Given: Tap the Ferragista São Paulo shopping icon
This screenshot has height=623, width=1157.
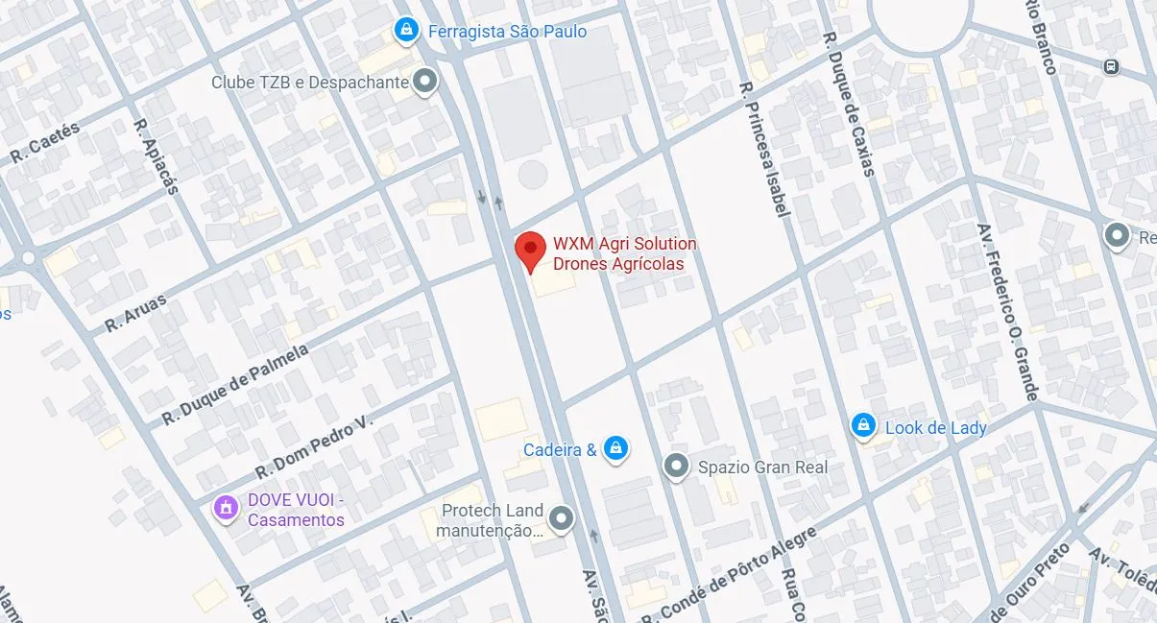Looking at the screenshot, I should (x=408, y=31).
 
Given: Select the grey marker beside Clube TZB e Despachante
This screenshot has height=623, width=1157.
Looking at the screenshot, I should (x=424, y=82).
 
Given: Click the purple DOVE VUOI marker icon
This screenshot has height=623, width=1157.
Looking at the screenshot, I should (x=226, y=506).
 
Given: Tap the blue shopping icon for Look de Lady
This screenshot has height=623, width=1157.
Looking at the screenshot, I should (x=863, y=426).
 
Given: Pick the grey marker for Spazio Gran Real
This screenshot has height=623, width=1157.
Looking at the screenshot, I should (x=677, y=467).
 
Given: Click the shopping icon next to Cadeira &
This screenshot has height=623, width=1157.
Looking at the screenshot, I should (x=616, y=448).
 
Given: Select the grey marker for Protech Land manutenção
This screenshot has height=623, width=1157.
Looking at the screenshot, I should (x=563, y=519).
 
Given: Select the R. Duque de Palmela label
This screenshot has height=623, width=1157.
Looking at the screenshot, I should (x=234, y=385).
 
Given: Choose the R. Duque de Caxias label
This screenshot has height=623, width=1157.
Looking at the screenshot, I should (x=849, y=105).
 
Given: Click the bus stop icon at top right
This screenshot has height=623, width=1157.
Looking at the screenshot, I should (x=1111, y=66).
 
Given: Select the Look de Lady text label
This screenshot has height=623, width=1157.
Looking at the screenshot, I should (x=935, y=427).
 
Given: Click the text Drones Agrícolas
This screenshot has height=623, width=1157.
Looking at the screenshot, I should (x=618, y=264).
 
